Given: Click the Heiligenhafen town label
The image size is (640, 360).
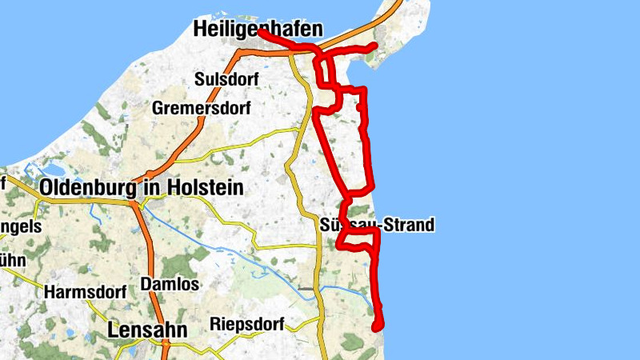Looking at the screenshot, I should click(x=258, y=30).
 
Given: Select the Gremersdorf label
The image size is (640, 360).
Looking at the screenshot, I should click(x=202, y=107).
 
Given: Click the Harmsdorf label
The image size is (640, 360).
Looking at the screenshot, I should click(x=86, y=292).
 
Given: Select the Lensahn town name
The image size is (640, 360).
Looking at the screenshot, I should click(x=147, y=330).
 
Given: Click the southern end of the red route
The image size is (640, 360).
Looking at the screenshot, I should click(x=377, y=326).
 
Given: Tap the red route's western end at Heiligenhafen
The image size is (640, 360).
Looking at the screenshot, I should click(x=261, y=33).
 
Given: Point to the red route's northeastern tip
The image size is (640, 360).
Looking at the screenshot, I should click(x=374, y=46).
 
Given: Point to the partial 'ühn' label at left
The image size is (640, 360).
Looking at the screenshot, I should click(x=13, y=261).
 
